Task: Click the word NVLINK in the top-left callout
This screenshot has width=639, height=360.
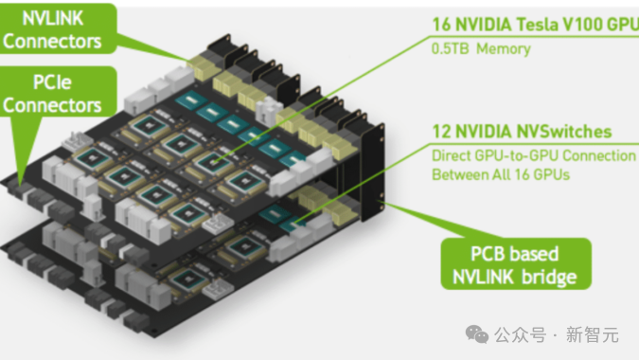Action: pyautogui.click(x=53, y=18)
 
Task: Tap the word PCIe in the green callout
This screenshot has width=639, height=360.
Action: pyautogui.click(x=52, y=82)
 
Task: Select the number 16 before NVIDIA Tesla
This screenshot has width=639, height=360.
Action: pyautogui.click(x=441, y=25)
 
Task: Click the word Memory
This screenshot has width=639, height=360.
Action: pyautogui.click(x=504, y=49)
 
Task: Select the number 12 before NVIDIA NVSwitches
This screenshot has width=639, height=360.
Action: pyautogui.click(x=441, y=132)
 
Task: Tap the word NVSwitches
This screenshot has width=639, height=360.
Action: pyautogui.click(x=564, y=132)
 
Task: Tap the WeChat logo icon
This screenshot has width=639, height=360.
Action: pyautogui.click(x=477, y=334)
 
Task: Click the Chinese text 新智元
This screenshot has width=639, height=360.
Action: pyautogui.click(x=592, y=335)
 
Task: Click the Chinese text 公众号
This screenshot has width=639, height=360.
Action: pyautogui.click(x=521, y=335)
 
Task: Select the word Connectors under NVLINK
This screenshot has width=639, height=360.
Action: pyautogui.click(x=52, y=42)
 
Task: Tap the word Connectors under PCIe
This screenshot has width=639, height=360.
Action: pyautogui.click(x=52, y=105)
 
